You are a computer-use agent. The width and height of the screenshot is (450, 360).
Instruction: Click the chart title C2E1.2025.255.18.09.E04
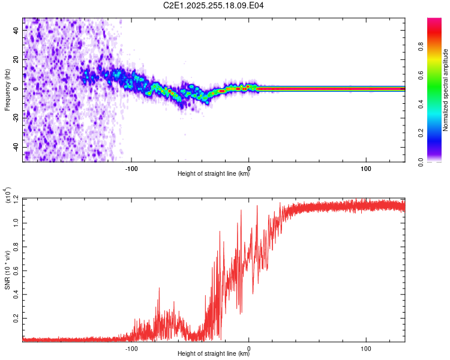[x=214, y=6]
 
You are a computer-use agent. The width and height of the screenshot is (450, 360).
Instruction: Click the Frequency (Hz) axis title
[x=7, y=89]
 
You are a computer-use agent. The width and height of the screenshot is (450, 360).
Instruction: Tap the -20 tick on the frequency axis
[x=16, y=118]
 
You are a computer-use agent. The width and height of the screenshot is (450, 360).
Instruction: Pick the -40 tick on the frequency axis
[x=16, y=147]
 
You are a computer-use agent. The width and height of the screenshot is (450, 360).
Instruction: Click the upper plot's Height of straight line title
[x=214, y=174]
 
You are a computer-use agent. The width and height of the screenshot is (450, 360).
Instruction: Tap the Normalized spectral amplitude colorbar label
[x=446, y=90]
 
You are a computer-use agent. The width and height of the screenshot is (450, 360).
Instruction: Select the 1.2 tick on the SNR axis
[x=15, y=197]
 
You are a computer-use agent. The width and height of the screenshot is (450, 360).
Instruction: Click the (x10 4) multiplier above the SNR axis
[x=9, y=196]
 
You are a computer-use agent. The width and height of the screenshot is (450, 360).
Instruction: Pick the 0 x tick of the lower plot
[x=249, y=347]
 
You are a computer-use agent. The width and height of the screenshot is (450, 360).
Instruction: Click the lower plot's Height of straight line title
[x=214, y=354]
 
